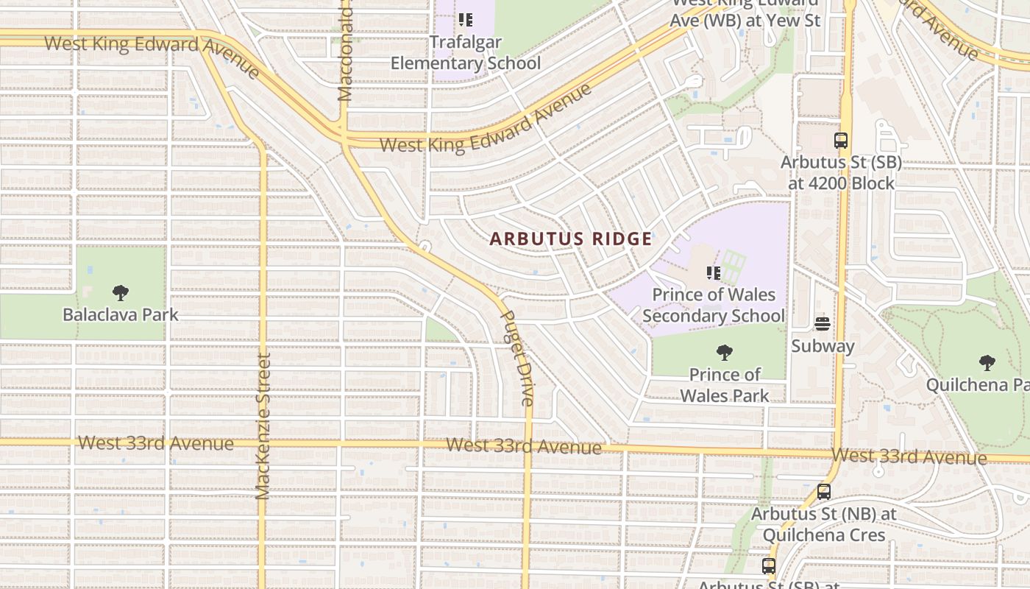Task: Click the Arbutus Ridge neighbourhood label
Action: [x=571, y=239]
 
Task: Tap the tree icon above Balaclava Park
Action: [x=121, y=293]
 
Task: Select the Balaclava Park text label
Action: [x=121, y=314]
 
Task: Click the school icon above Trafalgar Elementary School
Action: [x=465, y=20]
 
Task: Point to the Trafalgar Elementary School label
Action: [x=465, y=52]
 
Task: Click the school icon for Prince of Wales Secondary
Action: [x=713, y=273]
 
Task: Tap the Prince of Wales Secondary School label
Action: [x=713, y=305]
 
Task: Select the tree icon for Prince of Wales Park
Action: [x=724, y=353]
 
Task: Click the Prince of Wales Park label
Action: [x=724, y=384]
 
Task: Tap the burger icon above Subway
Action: [x=823, y=324]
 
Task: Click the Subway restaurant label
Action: [x=823, y=346]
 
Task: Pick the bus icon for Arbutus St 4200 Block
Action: [x=840, y=141]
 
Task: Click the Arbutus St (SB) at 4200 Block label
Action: [x=840, y=172]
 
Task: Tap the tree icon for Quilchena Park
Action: [x=987, y=362]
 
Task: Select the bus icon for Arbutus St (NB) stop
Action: [x=824, y=492]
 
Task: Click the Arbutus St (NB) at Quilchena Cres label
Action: [x=824, y=524]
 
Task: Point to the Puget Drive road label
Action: [x=517, y=359]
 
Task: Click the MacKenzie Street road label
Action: [x=263, y=426]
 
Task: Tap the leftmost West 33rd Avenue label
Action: [x=156, y=443]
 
